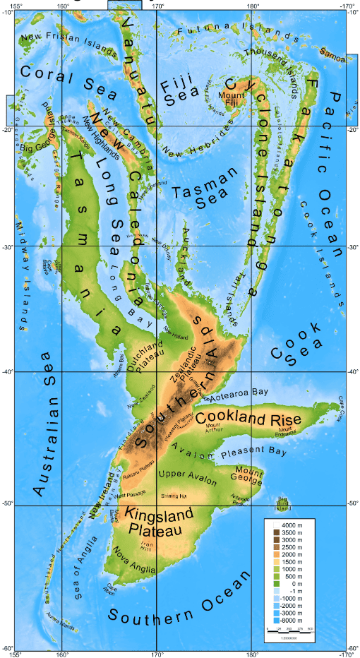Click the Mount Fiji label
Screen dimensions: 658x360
(x=231, y=100)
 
